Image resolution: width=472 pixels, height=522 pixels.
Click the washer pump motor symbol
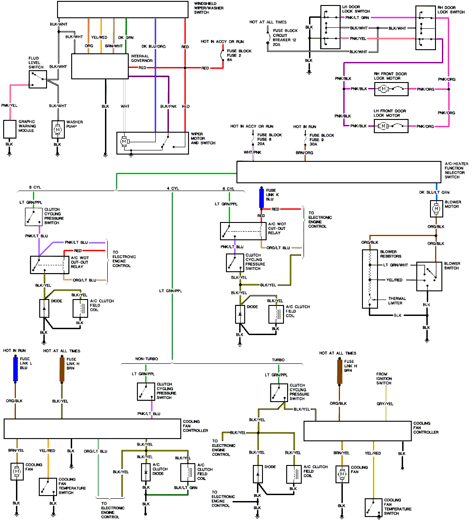58,130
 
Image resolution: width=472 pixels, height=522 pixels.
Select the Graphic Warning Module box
10,129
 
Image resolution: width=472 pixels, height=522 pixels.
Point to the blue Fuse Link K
261,196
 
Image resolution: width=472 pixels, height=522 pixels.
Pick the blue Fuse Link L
16,368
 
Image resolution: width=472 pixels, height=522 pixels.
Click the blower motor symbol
436,209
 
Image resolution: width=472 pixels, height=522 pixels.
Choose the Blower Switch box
429,276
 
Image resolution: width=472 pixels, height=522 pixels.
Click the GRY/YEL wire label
385,403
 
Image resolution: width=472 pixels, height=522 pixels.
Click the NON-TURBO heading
146,359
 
